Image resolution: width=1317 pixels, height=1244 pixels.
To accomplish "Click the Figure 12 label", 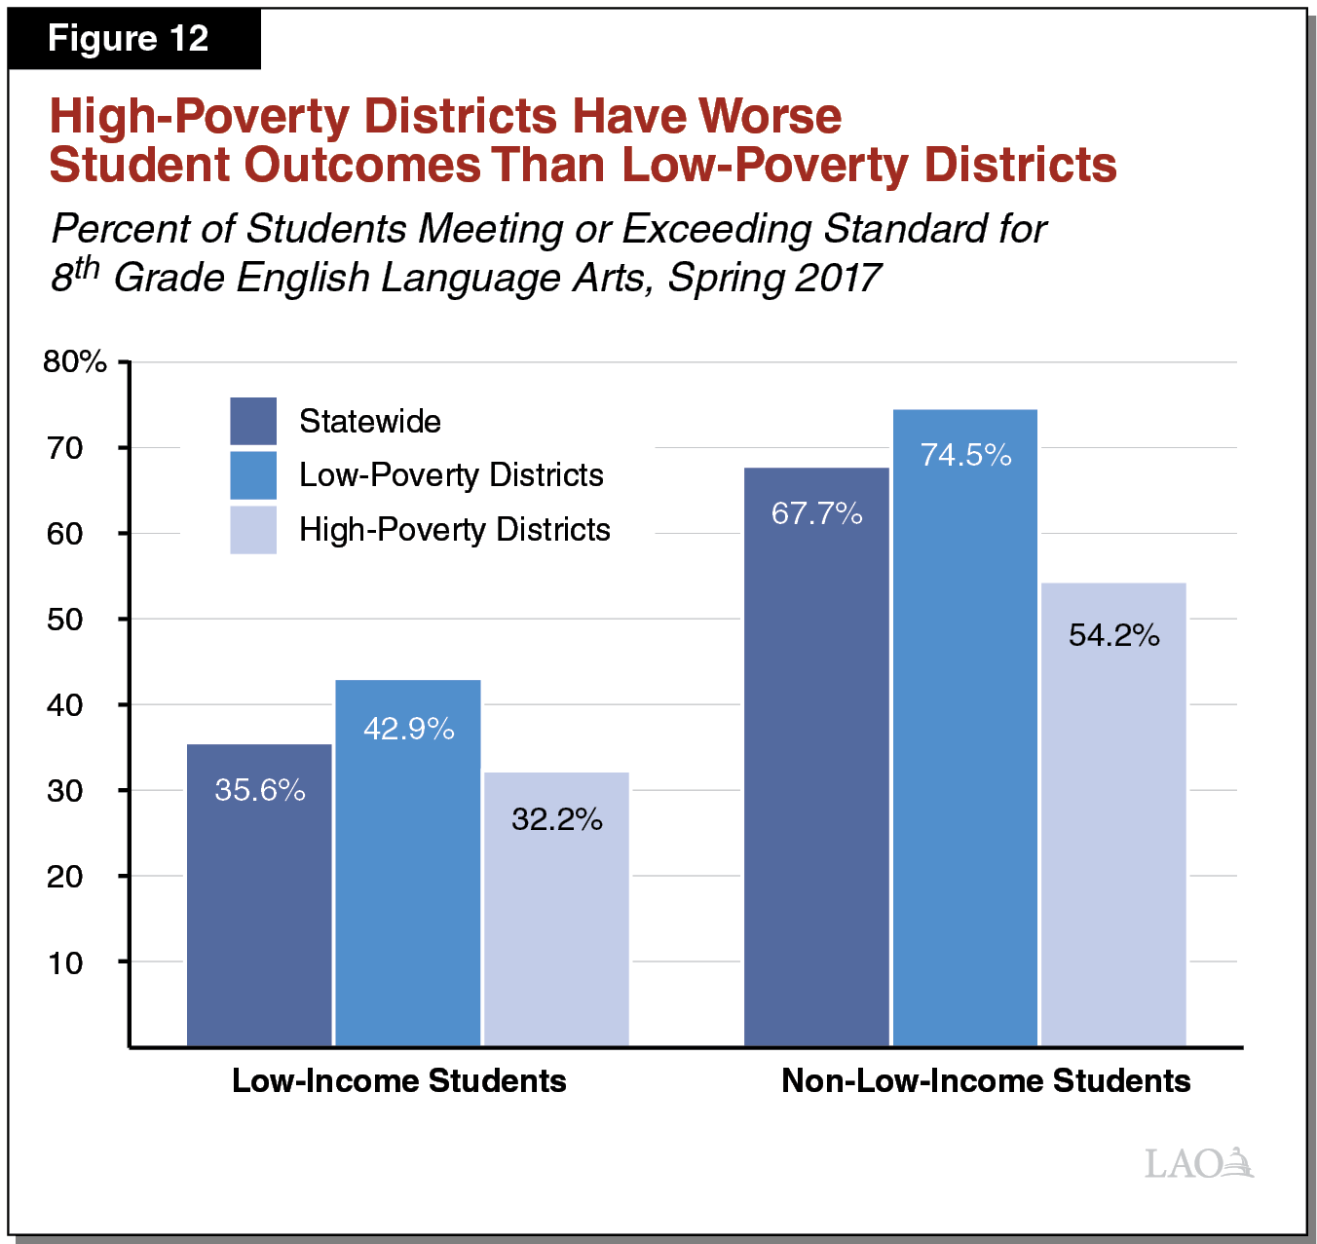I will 128,39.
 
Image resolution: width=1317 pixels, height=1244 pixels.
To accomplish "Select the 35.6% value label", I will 260,789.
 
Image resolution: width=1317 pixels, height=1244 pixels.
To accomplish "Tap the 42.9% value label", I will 409,729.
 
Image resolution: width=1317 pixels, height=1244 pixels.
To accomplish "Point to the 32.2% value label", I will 557,819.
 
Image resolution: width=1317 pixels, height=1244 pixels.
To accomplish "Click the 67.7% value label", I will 817,513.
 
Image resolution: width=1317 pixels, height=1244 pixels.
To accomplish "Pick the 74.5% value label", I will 966,455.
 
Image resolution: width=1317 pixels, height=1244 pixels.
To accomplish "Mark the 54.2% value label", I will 1114,635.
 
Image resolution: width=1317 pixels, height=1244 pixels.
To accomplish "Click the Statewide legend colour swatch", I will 253,421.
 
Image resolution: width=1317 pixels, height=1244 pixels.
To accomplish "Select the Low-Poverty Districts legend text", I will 451,474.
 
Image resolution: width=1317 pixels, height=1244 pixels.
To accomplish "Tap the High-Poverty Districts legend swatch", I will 253,530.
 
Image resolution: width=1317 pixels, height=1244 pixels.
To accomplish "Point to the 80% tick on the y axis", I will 74,361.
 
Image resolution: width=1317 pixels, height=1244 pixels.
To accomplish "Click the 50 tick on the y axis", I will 65,620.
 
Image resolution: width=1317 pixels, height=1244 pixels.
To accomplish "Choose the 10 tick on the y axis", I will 65,962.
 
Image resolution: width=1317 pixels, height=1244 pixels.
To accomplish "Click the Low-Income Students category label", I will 398,1080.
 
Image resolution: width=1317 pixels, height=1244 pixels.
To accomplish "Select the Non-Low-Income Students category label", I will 986,1080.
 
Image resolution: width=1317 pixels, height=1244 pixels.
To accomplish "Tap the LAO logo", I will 1198,1162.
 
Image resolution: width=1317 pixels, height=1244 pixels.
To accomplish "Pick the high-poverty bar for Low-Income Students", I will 556,925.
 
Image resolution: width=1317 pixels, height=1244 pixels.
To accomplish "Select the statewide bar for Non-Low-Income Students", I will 816,779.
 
